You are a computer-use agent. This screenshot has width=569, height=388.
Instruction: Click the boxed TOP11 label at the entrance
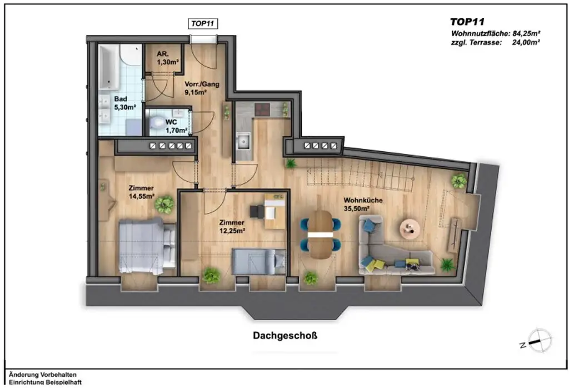(202, 23)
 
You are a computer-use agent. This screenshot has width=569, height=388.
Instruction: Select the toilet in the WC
(159, 122)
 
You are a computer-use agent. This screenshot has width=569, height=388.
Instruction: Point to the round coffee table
(411, 227)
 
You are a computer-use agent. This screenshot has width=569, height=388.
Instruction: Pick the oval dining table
(319, 234)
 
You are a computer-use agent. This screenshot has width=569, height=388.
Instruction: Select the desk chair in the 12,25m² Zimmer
(257, 211)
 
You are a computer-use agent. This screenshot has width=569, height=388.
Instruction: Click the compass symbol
(540, 340)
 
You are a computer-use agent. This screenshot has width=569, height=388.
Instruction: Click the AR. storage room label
(163, 54)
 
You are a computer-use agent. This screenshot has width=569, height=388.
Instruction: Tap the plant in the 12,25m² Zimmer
(211, 275)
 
